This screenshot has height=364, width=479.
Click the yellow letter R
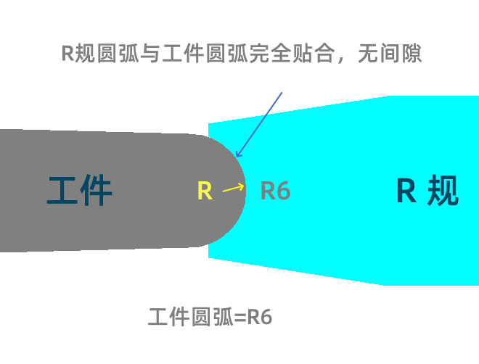tap(205, 191)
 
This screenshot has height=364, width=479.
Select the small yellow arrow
tap(233, 188)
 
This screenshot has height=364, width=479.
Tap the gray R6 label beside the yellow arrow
tap(275, 191)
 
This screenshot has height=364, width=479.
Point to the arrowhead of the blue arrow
tap(238, 154)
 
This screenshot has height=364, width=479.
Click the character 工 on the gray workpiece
tap(63, 191)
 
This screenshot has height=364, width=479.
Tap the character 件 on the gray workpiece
tap(97, 191)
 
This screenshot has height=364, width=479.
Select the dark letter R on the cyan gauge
tap(406, 191)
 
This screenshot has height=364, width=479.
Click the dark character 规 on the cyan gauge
tap(443, 191)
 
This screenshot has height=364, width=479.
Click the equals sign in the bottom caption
tap(240, 318)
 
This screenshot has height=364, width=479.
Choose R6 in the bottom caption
tap(260, 318)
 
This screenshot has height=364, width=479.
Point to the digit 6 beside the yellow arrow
tap(283, 191)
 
